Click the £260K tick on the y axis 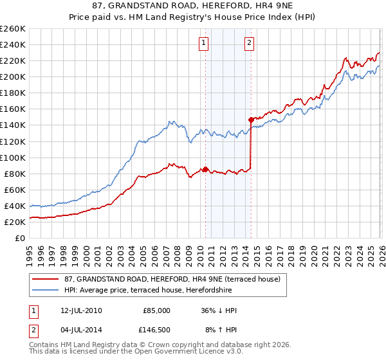coord(13,29)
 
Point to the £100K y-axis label coord(13,157)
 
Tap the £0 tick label coord(21,238)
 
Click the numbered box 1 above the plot coord(203,44)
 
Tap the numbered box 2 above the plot coord(249,44)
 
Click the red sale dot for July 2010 coord(205,169)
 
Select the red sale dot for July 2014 coord(250,120)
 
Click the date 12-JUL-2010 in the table coord(80,310)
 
